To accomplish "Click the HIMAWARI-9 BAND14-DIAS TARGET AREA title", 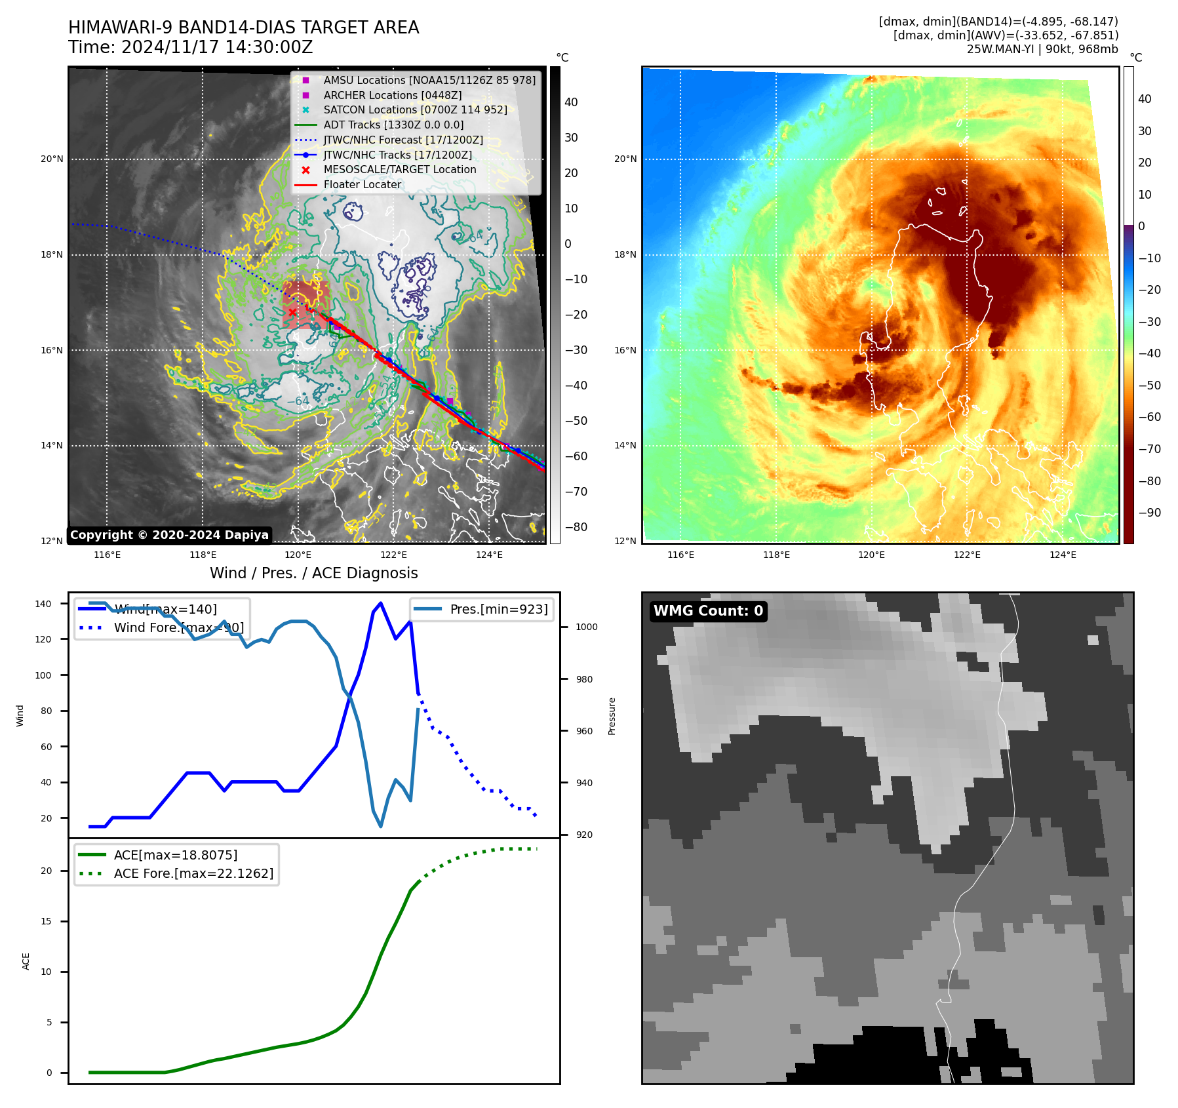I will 243,28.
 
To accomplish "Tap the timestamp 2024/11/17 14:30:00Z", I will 217,48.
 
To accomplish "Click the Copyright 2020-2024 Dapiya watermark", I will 169,535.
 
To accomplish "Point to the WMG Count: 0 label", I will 708,611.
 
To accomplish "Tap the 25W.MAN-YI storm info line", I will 1042,49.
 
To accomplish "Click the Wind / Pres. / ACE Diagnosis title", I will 313,573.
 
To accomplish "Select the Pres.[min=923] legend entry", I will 498,609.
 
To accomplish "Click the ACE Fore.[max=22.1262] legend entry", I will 193,873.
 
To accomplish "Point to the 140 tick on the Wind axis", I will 43,604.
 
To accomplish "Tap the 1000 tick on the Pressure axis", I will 586,627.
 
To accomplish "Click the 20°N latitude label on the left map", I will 52,159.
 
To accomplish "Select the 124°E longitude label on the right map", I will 1062,555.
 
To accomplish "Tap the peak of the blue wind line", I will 381,603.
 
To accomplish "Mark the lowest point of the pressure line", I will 381,826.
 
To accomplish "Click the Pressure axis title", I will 612,716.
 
